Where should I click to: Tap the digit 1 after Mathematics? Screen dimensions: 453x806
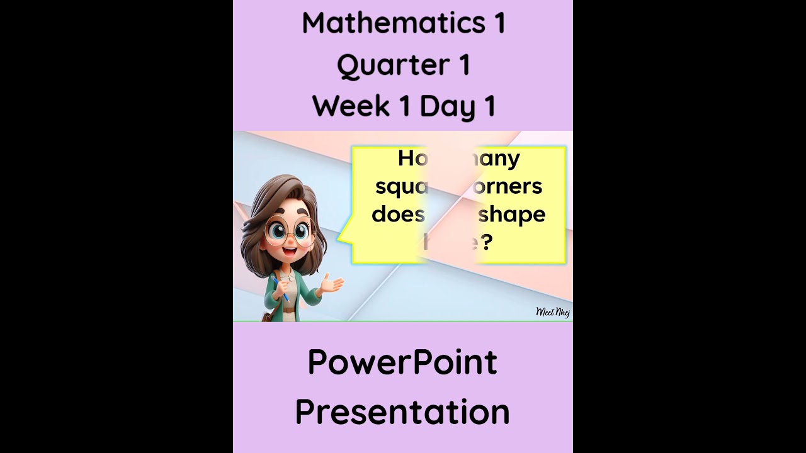pos(499,23)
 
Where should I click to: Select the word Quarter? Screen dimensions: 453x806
pos(392,65)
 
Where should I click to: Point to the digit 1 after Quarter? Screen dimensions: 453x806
pos(464,65)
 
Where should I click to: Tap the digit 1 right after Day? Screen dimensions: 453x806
pos(489,106)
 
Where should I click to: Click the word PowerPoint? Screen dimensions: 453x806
pos(402,363)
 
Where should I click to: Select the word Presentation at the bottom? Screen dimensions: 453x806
pos(402,411)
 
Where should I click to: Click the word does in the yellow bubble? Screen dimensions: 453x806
pos(398,214)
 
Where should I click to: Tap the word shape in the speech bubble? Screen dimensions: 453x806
pos(511,215)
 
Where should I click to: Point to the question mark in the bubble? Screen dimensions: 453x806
pos(485,242)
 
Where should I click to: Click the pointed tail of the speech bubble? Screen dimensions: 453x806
pos(342,238)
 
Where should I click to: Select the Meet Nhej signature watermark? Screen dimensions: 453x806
pos(552,312)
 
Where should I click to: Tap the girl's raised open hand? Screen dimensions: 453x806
pos(331,285)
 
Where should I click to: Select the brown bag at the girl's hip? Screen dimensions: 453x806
pos(268,315)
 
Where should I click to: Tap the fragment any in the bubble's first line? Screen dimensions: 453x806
pos(501,159)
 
